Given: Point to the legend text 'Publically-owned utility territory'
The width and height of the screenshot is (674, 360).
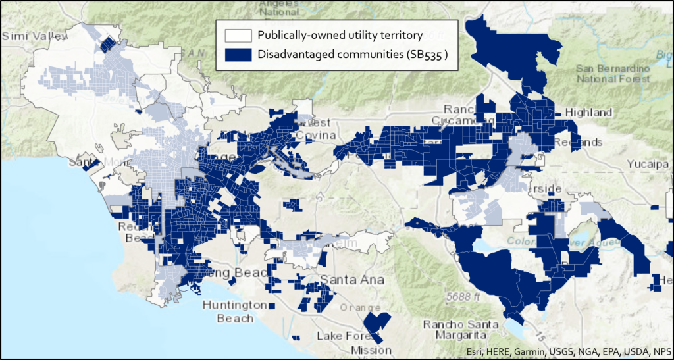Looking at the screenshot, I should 340,36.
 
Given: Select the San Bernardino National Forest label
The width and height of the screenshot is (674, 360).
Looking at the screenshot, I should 612,74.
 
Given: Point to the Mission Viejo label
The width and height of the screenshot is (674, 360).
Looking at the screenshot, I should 372,349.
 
